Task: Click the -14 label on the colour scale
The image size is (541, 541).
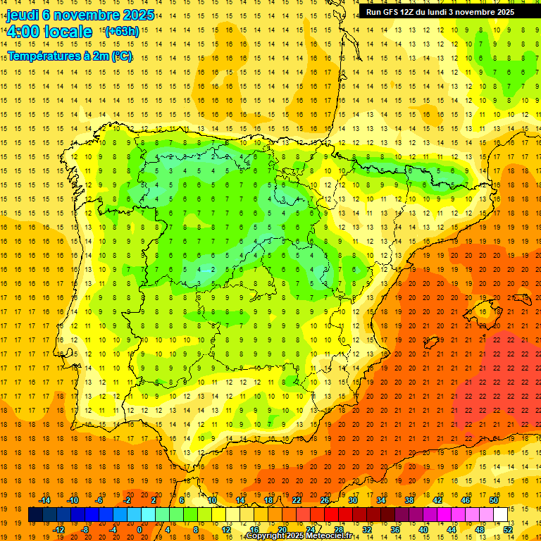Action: pyautogui.click(x=44, y=499)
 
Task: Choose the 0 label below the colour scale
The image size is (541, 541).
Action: pyautogui.click(x=139, y=529)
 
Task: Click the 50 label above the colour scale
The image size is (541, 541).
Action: pyautogui.click(x=495, y=499)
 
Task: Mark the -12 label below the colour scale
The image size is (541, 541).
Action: pyautogui.click(x=58, y=529)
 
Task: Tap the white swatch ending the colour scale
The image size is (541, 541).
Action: pyautogui.click(x=500, y=515)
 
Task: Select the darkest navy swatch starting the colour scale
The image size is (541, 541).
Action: pyautogui.click(x=35, y=515)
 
